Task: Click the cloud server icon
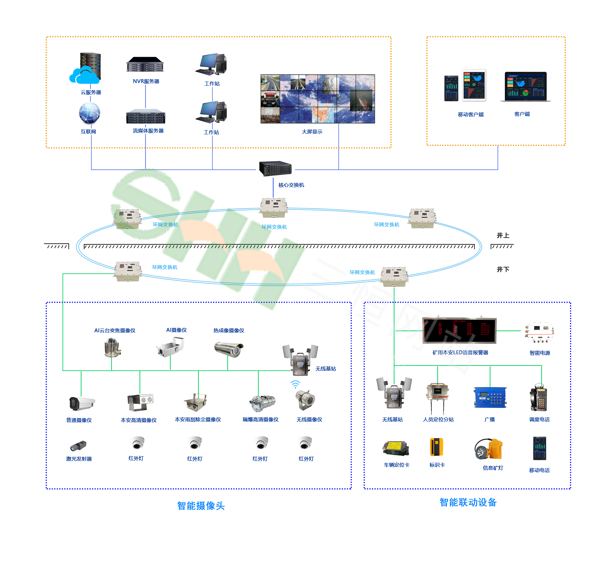pyautogui.click(x=86, y=69)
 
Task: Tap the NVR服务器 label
pyautogui.click(x=146, y=82)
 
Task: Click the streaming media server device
pyautogui.click(x=146, y=116)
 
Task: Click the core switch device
pyautogui.click(x=275, y=169)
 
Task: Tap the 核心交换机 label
pyautogui.click(x=291, y=185)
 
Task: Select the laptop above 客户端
pyautogui.click(x=526, y=87)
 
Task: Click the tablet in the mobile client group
pyautogui.click(x=474, y=85)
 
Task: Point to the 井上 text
pyautogui.click(x=503, y=236)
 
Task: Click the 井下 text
pyautogui.click(x=503, y=269)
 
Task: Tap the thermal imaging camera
pyautogui.click(x=229, y=349)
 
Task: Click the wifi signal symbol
pyautogui.click(x=295, y=384)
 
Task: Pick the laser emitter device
pyautogui.click(x=78, y=446)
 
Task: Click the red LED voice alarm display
pyautogui.click(x=459, y=331)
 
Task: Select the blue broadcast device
pyautogui.click(x=490, y=398)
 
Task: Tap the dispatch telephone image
pyautogui.click(x=539, y=398)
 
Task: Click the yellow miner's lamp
pyautogui.click(x=489, y=450)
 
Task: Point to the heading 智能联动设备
pyautogui.click(x=468, y=502)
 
